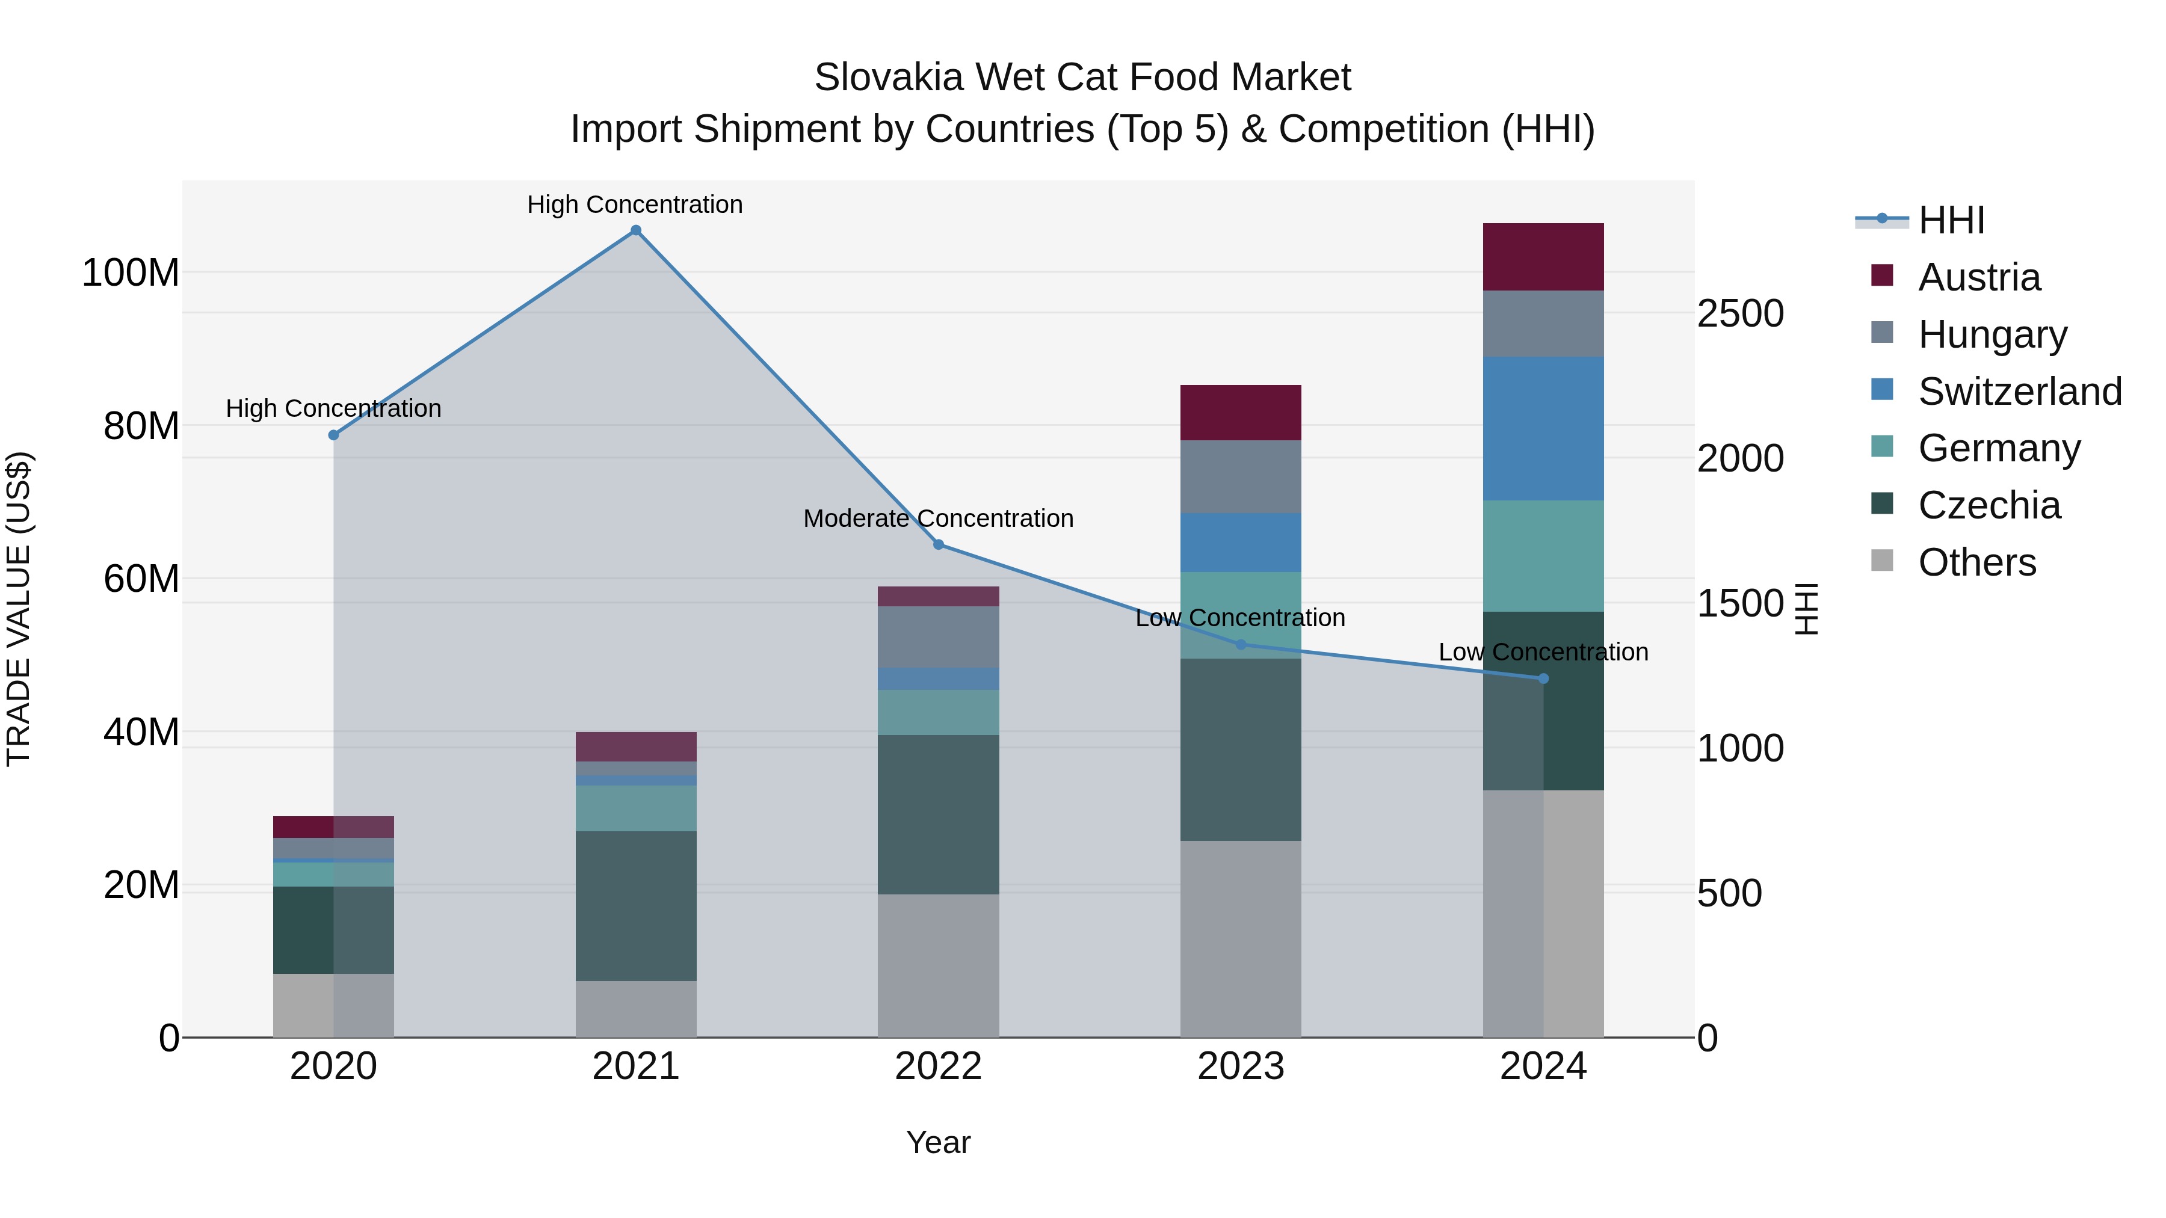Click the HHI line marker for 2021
636,230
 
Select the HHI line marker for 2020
334,435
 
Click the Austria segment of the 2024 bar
1543,256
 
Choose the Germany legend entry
1999,448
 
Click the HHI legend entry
1951,220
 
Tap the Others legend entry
1976,562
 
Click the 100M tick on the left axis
131,273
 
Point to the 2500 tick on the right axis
1739,313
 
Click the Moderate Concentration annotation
939,518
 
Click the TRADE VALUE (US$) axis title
19,609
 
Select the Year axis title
939,1142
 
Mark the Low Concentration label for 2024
1543,652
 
